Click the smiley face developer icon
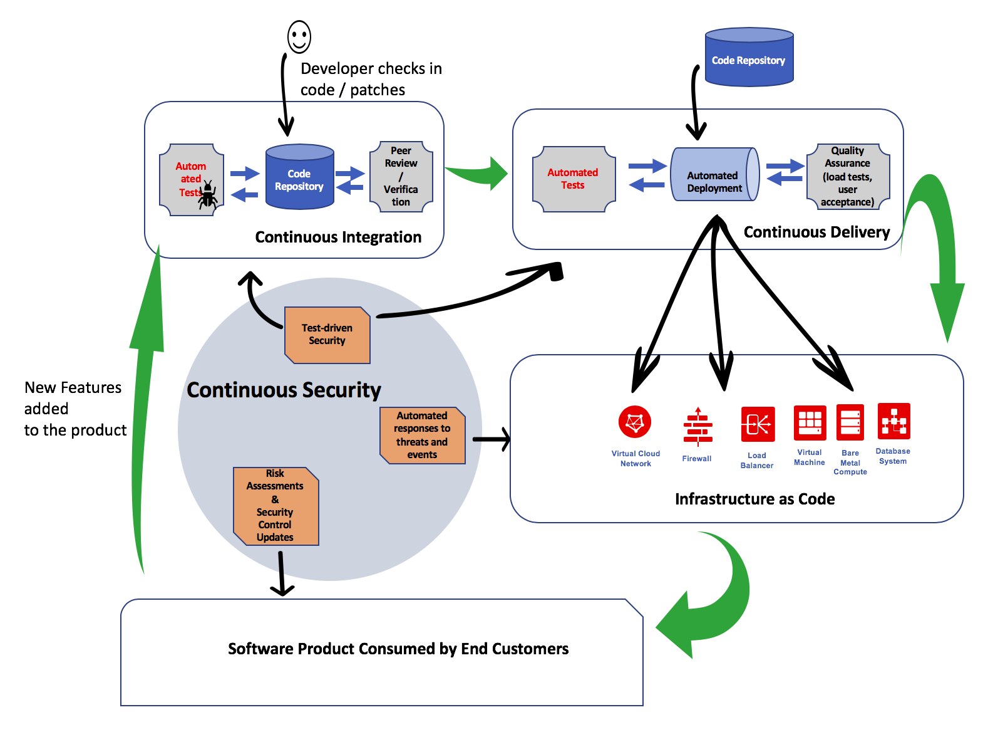(x=299, y=36)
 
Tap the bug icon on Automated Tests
(x=208, y=195)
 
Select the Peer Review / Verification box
(x=401, y=176)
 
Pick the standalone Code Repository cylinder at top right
(x=749, y=58)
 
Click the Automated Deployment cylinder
(x=714, y=175)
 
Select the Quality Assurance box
(x=848, y=176)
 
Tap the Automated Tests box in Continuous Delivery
(x=574, y=179)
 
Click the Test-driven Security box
(x=327, y=335)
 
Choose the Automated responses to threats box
(x=423, y=435)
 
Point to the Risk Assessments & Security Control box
(x=275, y=506)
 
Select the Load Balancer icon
(x=758, y=424)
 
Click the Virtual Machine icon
(x=810, y=423)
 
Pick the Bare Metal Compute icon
(x=850, y=422)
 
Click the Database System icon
(x=893, y=421)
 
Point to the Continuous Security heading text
(x=284, y=390)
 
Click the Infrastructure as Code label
(x=754, y=499)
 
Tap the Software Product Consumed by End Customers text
(x=398, y=649)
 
